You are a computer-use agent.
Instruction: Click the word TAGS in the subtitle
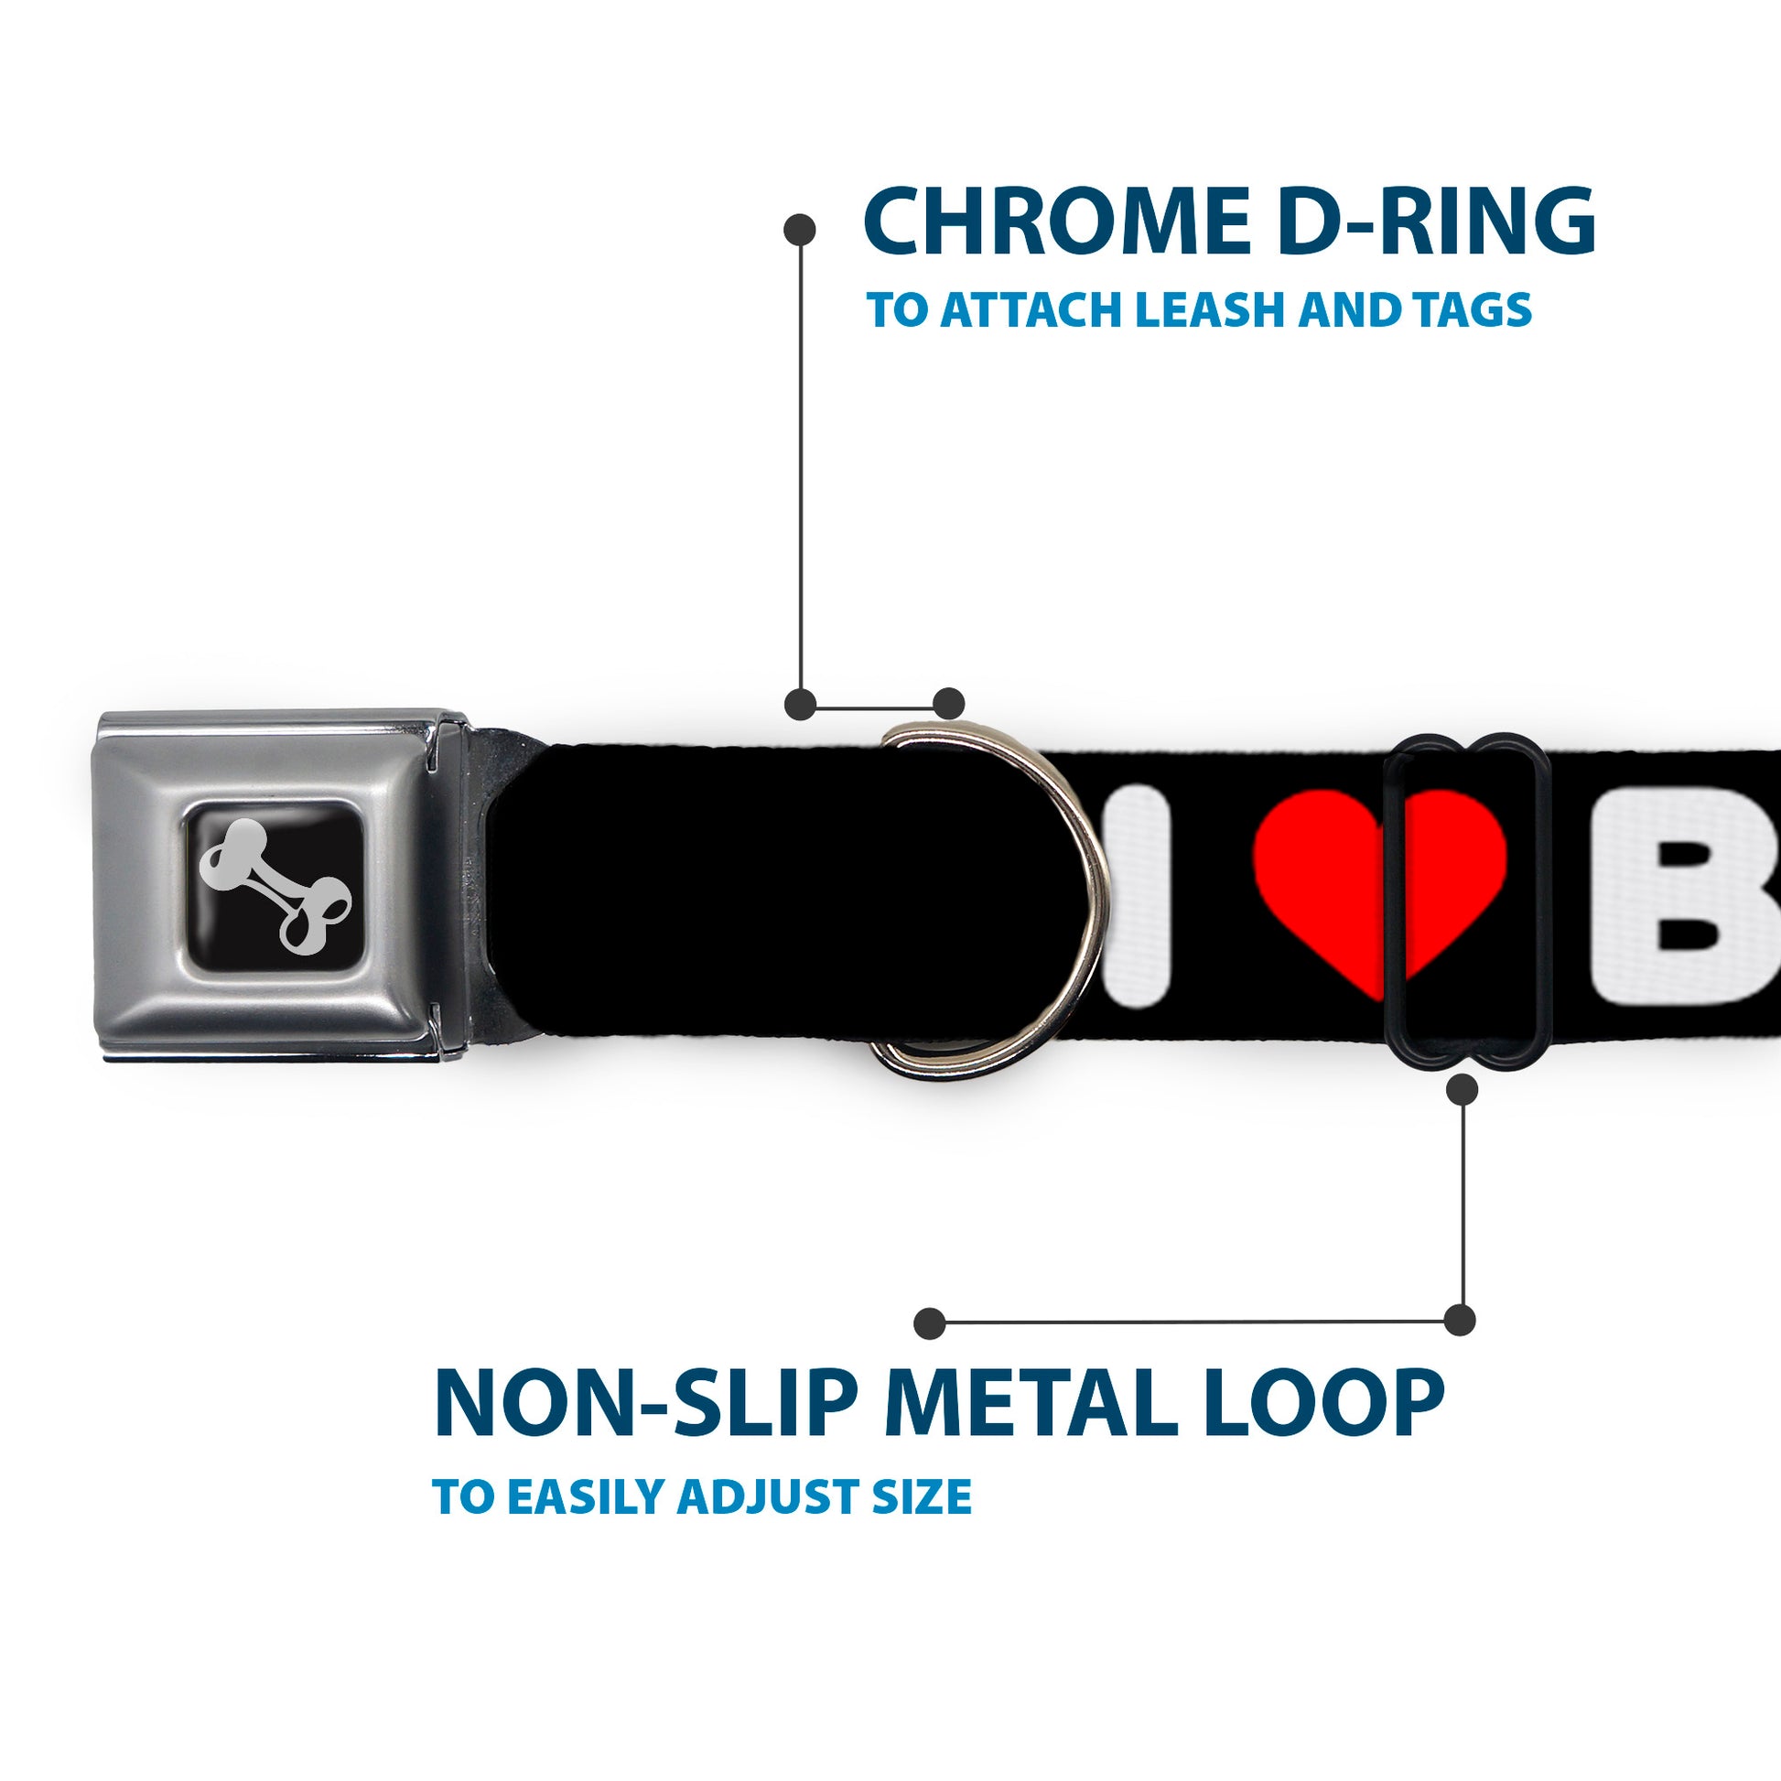pyautogui.click(x=1475, y=309)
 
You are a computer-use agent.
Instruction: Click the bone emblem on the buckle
pyautogui.click(x=275, y=884)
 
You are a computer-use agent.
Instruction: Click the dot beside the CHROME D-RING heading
pyautogui.click(x=799, y=230)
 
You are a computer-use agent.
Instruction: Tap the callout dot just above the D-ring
pyautogui.click(x=948, y=704)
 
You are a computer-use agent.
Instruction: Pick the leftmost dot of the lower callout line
pyautogui.click(x=930, y=1323)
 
